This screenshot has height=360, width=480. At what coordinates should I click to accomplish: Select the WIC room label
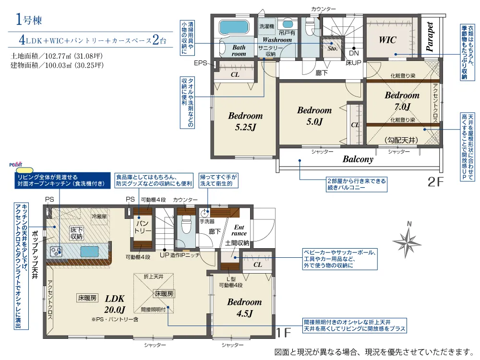(x=387, y=40)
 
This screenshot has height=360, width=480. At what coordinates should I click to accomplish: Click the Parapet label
(x=430, y=37)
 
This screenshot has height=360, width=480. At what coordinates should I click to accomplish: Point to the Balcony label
(x=358, y=159)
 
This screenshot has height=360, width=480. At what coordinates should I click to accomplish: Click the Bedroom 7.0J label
(x=402, y=101)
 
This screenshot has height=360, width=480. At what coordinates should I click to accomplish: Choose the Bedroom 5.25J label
(x=245, y=121)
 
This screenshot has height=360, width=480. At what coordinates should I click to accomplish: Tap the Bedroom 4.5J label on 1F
(x=245, y=308)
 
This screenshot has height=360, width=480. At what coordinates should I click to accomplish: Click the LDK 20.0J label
(x=115, y=304)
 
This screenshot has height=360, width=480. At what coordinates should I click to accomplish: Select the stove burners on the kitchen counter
(x=56, y=252)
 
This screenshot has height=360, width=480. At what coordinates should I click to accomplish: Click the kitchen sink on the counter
(x=89, y=252)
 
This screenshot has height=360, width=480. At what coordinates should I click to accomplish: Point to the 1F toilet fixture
(x=186, y=225)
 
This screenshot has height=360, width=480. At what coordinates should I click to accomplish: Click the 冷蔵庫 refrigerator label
(x=99, y=216)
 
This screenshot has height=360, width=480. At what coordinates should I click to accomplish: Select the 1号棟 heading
(x=28, y=20)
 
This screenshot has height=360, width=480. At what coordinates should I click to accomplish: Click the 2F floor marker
(x=435, y=182)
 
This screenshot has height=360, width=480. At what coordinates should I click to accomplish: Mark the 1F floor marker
(x=284, y=333)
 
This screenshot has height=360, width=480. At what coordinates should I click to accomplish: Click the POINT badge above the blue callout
(x=16, y=165)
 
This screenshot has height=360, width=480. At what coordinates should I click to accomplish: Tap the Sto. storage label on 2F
(x=333, y=48)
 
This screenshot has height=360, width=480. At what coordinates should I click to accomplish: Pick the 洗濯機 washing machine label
(x=266, y=26)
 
